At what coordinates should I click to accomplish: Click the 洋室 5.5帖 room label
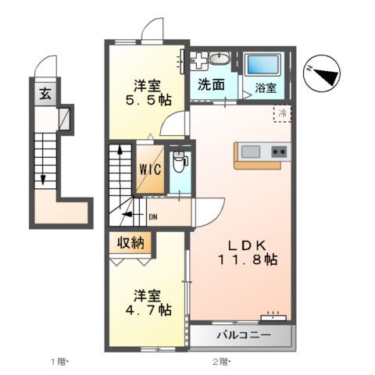(x=147, y=91)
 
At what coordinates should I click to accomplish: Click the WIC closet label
(x=151, y=169)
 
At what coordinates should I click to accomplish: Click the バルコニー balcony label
(x=244, y=337)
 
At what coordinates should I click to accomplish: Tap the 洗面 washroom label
(x=211, y=84)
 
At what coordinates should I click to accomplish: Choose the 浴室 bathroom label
(x=266, y=88)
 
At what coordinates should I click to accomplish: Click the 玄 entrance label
(x=45, y=95)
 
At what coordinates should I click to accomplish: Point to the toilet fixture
(x=180, y=162)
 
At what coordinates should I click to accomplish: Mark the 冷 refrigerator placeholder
(x=281, y=113)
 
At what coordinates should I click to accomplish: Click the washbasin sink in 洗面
(x=220, y=59)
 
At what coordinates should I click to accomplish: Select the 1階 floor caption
(x=61, y=361)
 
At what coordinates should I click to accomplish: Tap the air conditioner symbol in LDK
(x=273, y=316)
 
